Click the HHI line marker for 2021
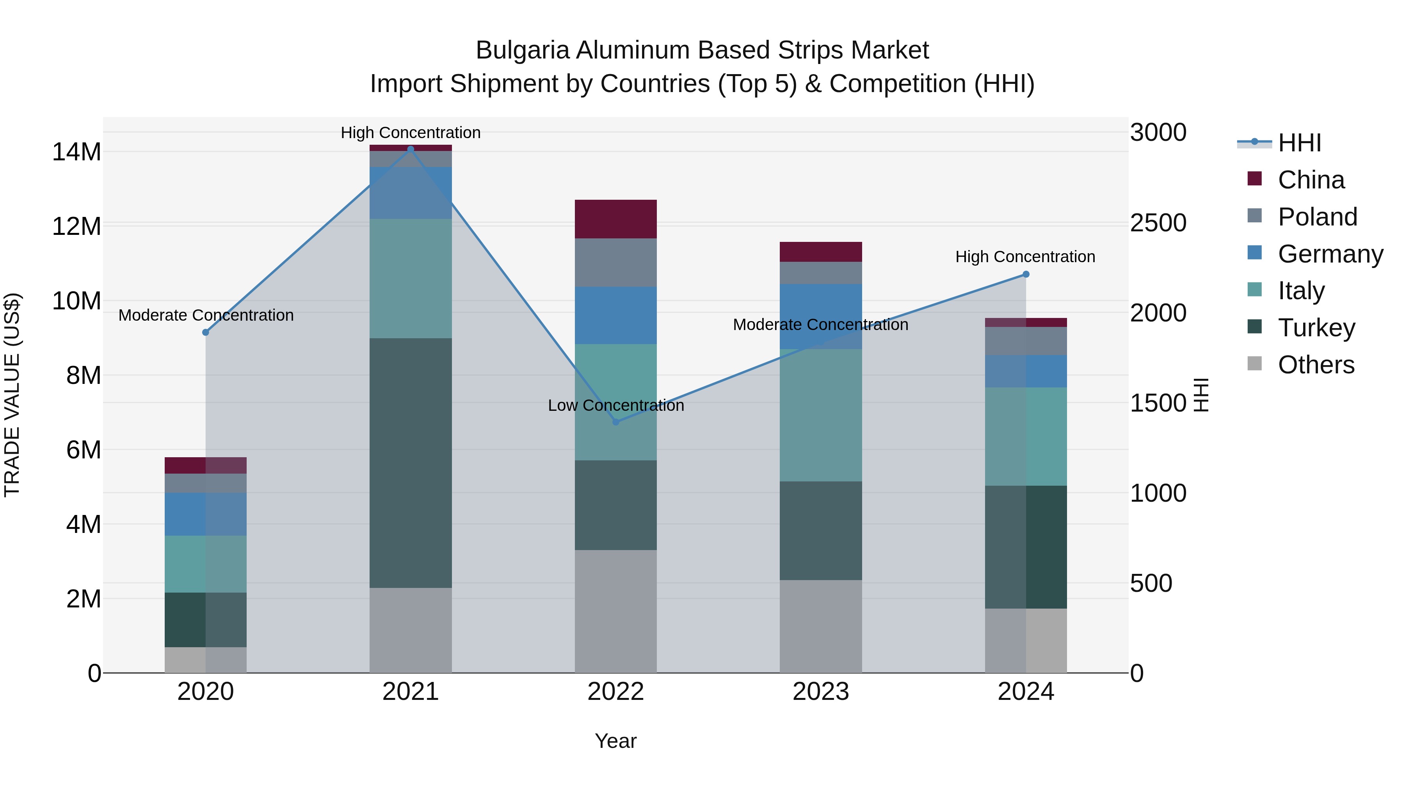(411, 149)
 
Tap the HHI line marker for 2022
(616, 421)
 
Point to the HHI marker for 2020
(206, 332)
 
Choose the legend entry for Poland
(1317, 217)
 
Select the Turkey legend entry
(1316, 328)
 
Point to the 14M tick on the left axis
(76, 152)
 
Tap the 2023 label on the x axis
(820, 692)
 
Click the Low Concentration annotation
(616, 405)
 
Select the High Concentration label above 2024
(1025, 256)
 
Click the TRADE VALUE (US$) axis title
(12, 395)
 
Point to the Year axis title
(616, 741)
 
